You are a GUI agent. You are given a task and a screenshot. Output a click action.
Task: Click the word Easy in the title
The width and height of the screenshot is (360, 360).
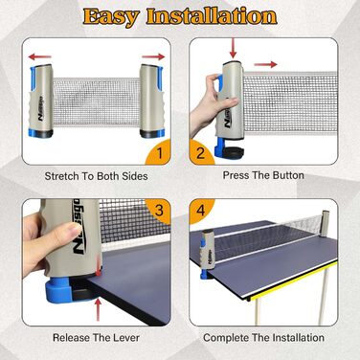(x=111, y=17)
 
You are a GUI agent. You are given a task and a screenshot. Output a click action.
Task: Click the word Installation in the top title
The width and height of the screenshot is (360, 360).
(x=212, y=16)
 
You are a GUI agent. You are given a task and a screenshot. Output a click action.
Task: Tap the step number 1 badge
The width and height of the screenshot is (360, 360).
(x=159, y=152)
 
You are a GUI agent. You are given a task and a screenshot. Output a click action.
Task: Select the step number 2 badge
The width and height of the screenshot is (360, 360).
(x=201, y=152)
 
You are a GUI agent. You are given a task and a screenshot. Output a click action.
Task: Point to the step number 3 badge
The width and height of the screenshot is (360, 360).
(x=159, y=211)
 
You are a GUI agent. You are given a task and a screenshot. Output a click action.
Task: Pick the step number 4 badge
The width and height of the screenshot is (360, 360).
(x=201, y=211)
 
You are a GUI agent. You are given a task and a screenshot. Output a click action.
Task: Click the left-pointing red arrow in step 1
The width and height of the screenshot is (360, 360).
(x=40, y=57)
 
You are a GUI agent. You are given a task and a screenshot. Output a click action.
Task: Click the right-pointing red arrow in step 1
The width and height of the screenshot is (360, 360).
(x=153, y=57)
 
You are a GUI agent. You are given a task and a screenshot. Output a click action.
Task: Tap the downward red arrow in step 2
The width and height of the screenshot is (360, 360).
(x=233, y=48)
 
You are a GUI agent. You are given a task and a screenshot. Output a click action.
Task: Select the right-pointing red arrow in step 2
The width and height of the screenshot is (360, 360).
(x=265, y=65)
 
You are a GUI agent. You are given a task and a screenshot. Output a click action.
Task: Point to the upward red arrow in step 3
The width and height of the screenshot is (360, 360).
(x=99, y=309)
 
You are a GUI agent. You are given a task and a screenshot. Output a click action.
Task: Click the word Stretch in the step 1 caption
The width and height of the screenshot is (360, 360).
(x=61, y=176)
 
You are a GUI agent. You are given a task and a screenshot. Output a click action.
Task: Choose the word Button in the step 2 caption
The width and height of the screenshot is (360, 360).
(x=288, y=175)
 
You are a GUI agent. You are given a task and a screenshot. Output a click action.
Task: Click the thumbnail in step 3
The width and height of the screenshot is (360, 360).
(x=74, y=229)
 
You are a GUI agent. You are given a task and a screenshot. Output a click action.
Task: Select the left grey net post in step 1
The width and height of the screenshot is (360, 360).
(x=41, y=101)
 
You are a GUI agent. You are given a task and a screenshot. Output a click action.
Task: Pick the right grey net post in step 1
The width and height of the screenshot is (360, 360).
(x=152, y=101)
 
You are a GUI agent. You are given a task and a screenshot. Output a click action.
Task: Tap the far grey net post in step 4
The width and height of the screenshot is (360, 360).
(x=326, y=223)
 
